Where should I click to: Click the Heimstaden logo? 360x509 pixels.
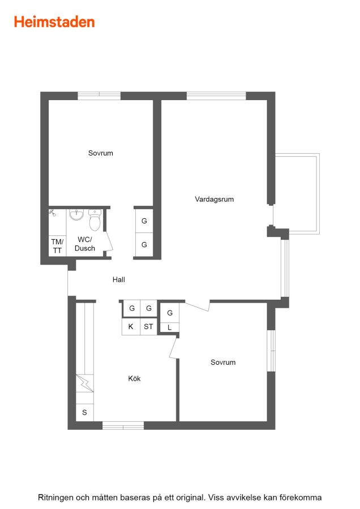pos(54,22)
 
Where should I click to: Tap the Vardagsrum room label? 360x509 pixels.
pos(215,199)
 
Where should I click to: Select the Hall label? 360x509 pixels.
pos(119,279)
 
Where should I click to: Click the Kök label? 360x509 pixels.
pos(134,378)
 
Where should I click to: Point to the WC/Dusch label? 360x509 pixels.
pos(85,244)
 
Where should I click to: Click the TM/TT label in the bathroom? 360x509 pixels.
pos(57,246)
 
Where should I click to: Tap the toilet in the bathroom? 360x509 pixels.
pos(95,219)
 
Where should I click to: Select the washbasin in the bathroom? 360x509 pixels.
pos(76,214)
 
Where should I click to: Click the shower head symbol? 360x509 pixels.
pos(52,213)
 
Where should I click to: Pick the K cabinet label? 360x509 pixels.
pos(131,326)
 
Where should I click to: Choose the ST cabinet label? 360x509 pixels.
pos(148,326)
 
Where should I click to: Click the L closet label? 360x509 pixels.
pos(169,327)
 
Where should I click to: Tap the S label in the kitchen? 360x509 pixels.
pos(84,413)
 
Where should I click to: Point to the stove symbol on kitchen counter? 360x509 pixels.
pos(85,383)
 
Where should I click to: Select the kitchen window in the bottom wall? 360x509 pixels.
pos(123,425)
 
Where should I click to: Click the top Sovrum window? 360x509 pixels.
pos(99,96)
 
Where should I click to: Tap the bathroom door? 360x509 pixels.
pos(109,240)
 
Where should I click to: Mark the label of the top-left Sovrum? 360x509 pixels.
pos(101,153)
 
